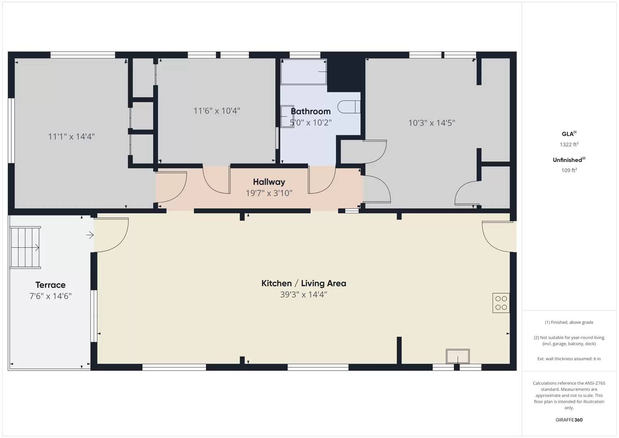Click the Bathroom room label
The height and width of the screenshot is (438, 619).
click(x=311, y=111)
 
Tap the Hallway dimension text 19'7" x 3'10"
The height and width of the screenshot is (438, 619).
click(x=269, y=193)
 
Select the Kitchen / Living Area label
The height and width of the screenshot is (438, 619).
click(x=304, y=283)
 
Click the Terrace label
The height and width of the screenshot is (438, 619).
click(x=50, y=285)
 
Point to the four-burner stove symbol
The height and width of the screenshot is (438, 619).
click(x=501, y=303)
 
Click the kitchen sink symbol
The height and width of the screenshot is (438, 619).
click(x=458, y=356)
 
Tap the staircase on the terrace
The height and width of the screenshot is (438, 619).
click(x=25, y=247)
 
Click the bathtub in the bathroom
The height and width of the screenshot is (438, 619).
click(x=304, y=72)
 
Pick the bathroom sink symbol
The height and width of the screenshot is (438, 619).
click(x=287, y=116)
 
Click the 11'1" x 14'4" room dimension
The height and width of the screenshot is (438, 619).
click(x=71, y=137)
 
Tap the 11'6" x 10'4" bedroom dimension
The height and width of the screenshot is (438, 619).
click(x=216, y=111)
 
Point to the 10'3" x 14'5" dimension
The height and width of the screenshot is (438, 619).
click(x=431, y=123)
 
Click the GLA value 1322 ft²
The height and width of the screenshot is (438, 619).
click(x=569, y=144)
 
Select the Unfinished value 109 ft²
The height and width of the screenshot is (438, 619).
click(x=569, y=170)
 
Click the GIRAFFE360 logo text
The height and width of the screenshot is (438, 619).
click(x=569, y=420)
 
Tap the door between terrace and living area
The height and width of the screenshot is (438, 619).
click(x=111, y=235)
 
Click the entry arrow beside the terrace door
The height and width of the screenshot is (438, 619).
click(x=90, y=235)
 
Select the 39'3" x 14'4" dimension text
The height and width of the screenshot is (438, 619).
click(x=303, y=294)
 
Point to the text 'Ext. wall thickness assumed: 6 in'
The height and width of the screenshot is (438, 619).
click(x=569, y=359)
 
